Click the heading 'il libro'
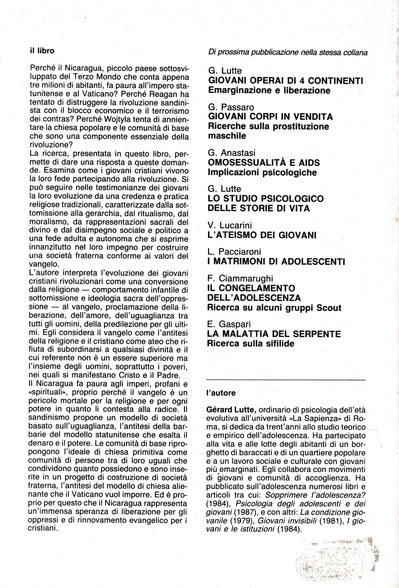42,51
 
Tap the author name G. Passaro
231,107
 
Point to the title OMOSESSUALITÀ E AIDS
264,163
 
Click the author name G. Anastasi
231,153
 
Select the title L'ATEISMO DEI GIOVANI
262,235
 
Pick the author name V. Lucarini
230,226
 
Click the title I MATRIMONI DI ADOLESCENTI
276,261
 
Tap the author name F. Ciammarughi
240,278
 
